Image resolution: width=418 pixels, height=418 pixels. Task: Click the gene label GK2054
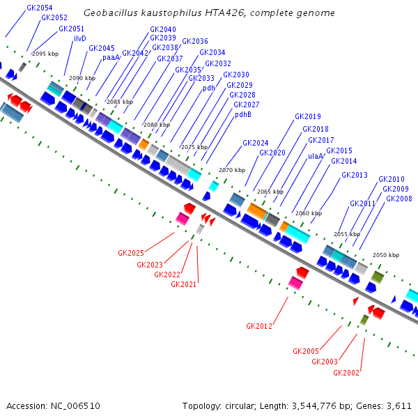39,8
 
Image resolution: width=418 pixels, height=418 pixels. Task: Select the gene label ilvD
79,38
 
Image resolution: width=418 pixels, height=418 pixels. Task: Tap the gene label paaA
111,57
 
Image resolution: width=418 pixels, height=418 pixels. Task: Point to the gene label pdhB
242,114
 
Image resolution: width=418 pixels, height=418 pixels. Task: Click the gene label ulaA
316,156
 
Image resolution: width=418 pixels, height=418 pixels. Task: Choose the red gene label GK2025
130,253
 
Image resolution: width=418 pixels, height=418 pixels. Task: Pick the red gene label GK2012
258,325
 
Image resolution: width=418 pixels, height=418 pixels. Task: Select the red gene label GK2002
346,373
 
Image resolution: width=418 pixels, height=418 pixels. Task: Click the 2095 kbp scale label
48,54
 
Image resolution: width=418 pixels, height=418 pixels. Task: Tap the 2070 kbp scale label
232,170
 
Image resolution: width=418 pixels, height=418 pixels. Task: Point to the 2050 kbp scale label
385,256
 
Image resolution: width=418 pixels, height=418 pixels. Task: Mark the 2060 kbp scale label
309,213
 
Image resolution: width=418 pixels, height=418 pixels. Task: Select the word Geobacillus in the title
107,13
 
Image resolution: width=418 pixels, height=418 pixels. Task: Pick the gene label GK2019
307,116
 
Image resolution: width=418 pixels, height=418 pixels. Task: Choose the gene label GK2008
398,199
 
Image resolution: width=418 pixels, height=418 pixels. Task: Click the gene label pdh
208,88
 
